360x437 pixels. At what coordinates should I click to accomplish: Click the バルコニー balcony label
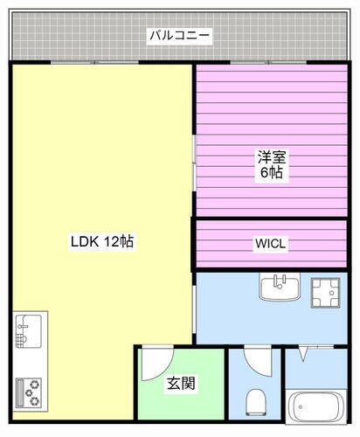pyautogui.click(x=180, y=36)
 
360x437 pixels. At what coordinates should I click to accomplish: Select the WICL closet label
pyautogui.click(x=271, y=243)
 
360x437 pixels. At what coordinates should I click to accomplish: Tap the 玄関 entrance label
pyautogui.click(x=180, y=382)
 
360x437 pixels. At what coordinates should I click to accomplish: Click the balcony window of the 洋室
pyautogui.click(x=272, y=63)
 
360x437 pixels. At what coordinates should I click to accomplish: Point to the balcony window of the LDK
pyautogui.click(x=95, y=63)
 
